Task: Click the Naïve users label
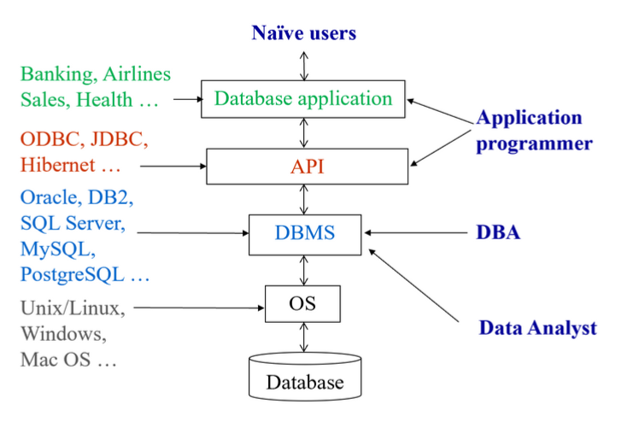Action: pyautogui.click(x=304, y=33)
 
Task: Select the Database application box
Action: pyautogui.click(x=303, y=99)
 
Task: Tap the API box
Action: pyautogui.click(x=308, y=167)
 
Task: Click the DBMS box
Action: pyautogui.click(x=305, y=235)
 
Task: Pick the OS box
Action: pyautogui.click(x=302, y=303)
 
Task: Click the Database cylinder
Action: pyautogui.click(x=305, y=377)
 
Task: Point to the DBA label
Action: pyautogui.click(x=498, y=232)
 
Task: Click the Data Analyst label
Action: pyautogui.click(x=537, y=327)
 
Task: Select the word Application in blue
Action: pyautogui.click(x=530, y=118)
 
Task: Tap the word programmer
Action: pyautogui.click(x=535, y=144)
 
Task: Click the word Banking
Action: pyautogui.click(x=59, y=74)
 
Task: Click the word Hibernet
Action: pyautogui.click(x=58, y=165)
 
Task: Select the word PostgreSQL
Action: pyautogui.click(x=73, y=275)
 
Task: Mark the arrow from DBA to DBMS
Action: pyautogui.click(x=416, y=232)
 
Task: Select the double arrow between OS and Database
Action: pyautogui.click(x=303, y=337)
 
